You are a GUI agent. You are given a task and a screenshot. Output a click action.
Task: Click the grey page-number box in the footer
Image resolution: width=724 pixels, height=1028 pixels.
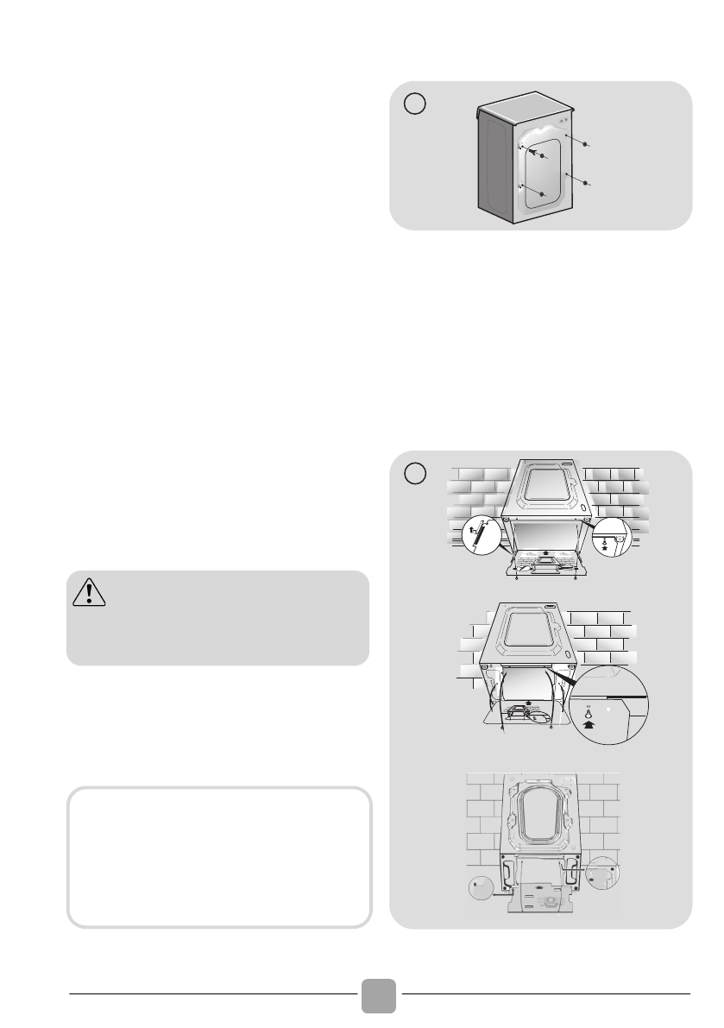pyautogui.click(x=380, y=995)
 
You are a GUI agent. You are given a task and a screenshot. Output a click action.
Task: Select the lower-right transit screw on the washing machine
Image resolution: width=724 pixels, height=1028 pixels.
pyautogui.click(x=585, y=184)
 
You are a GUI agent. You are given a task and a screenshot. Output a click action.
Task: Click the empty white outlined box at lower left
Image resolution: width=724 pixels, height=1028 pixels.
pyautogui.click(x=218, y=856)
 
